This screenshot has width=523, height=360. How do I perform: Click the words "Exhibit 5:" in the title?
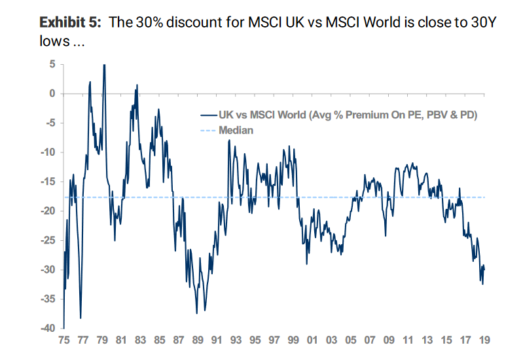click(71, 22)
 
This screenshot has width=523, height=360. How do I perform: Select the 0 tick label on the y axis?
click(52, 94)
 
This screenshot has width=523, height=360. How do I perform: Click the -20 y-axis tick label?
click(47, 211)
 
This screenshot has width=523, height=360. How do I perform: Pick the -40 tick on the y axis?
click(47, 329)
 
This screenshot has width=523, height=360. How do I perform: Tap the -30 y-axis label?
click(47, 270)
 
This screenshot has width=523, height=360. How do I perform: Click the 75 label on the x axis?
click(64, 341)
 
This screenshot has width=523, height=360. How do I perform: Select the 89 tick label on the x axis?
click(198, 341)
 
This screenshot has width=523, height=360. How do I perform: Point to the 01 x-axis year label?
click(313, 341)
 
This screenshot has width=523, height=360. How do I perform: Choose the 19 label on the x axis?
click(485, 341)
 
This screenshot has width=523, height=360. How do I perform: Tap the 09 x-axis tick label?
click(389, 341)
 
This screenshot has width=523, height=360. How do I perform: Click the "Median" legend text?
click(236, 130)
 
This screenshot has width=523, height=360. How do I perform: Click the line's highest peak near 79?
click(104, 65)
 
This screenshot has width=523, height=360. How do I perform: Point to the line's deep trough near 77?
click(81, 317)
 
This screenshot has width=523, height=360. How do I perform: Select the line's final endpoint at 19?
click(484, 269)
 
